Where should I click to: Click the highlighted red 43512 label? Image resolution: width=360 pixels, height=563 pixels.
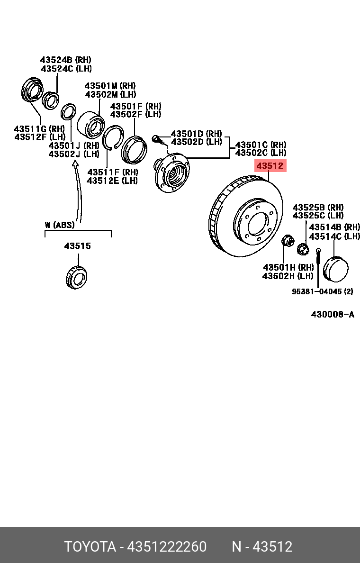(270, 166)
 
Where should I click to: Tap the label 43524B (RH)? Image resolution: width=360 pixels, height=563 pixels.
(65, 60)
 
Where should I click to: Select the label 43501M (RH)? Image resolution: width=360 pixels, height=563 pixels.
(110, 86)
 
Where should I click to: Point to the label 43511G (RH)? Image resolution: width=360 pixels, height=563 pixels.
(39, 128)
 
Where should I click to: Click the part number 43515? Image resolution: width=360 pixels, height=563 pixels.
(78, 246)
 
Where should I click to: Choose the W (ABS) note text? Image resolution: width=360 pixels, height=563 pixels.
(60, 225)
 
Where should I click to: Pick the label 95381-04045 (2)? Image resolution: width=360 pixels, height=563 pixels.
(322, 291)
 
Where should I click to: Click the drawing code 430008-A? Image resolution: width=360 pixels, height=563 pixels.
(333, 314)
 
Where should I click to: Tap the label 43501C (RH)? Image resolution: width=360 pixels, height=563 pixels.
(261, 145)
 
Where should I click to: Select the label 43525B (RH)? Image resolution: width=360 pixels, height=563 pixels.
(318, 208)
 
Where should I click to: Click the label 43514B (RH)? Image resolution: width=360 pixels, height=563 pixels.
(334, 227)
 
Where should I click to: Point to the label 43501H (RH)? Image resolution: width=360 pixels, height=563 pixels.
(288, 267)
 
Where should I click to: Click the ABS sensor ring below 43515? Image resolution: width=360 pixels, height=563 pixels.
(76, 277)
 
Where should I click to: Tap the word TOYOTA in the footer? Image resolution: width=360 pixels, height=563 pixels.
(90, 547)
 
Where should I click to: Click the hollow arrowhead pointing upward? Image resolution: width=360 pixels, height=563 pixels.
(74, 164)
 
